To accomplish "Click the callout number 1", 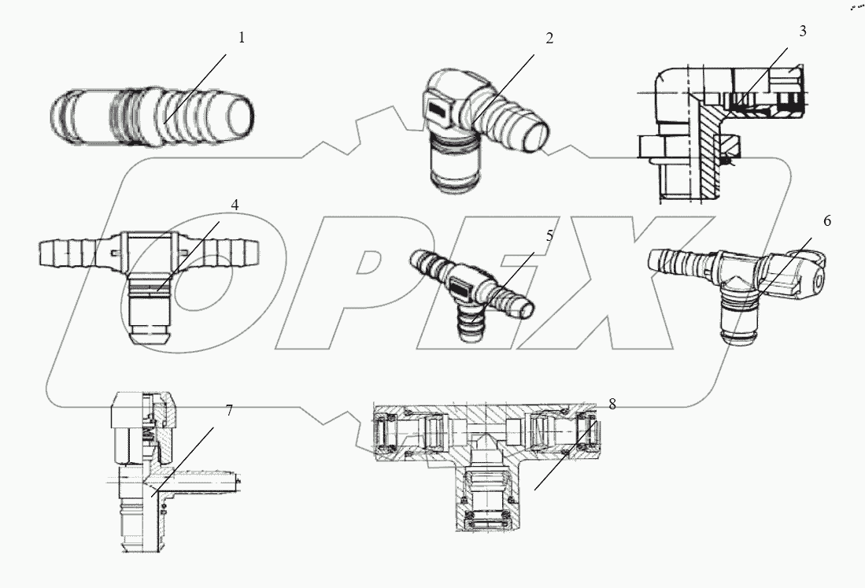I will point(242,38).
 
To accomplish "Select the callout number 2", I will point(549,39).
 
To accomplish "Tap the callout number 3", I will point(802,31).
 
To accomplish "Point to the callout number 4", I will point(235,205).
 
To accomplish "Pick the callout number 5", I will point(549,235).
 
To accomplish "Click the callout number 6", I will point(826,221).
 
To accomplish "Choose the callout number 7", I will point(229,411).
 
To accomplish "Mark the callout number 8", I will point(612,404).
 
